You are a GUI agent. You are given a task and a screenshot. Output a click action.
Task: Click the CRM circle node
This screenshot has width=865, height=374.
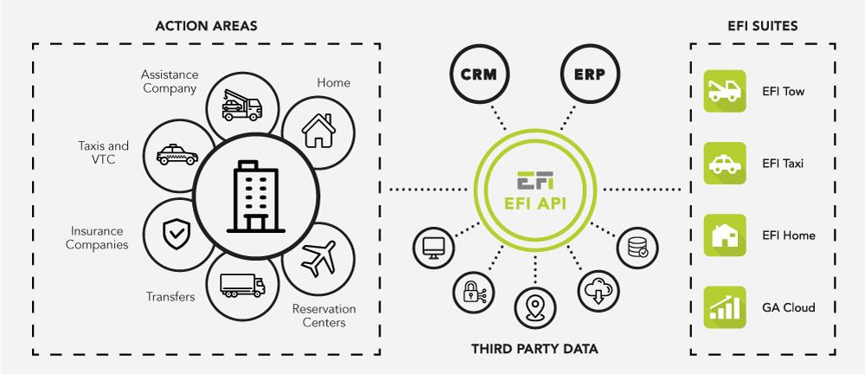coord(479,74)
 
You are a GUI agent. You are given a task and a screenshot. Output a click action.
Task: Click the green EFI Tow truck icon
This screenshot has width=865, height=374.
coord(725,91)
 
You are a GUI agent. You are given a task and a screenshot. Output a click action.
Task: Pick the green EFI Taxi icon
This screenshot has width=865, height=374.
coord(725,163)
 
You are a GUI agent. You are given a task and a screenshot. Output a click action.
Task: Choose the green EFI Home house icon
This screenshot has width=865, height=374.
coord(725,235)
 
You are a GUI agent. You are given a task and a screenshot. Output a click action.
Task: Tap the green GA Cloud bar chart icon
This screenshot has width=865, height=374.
coord(725,307)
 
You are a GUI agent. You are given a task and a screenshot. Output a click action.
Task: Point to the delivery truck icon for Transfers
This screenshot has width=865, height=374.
coord(242,285)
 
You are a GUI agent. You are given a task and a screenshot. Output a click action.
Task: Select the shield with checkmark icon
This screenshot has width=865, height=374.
coord(176,232)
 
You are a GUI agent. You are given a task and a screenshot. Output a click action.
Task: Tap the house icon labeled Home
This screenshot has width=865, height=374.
coord(317,130)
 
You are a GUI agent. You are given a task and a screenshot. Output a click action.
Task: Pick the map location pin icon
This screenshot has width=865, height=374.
coord(535,306)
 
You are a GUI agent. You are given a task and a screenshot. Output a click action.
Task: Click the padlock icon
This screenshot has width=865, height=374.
coord(472,291)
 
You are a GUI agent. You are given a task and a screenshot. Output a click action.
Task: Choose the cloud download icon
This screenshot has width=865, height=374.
coord(598,291)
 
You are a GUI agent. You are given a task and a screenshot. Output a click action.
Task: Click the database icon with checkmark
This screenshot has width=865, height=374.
coord(638,246)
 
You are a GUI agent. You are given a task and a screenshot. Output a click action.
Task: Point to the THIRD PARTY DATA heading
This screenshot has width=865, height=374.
coord(535,349)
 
